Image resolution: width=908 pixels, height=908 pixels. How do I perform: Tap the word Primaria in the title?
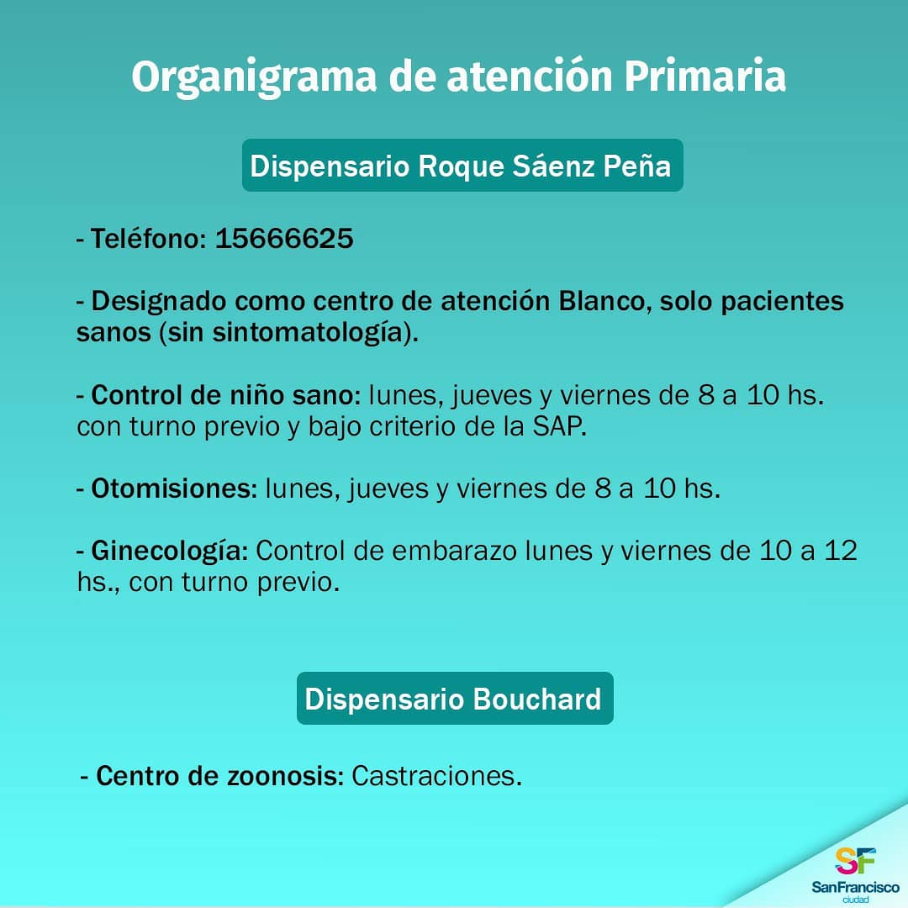705,76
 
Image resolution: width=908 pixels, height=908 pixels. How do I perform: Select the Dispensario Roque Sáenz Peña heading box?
462,165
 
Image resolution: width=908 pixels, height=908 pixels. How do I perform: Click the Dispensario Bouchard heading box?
455,699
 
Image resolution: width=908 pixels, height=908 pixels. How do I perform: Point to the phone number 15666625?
284,239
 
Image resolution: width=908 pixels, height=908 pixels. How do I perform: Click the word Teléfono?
148,239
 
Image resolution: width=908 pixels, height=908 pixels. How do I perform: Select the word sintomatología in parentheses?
308,333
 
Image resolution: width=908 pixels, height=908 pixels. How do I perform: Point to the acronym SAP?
558,427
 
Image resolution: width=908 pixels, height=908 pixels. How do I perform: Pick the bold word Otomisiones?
174,488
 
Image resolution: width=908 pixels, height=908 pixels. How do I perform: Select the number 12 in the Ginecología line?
841,551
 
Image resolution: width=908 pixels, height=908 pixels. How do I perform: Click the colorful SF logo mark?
855,861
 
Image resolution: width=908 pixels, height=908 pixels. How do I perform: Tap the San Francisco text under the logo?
855,887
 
